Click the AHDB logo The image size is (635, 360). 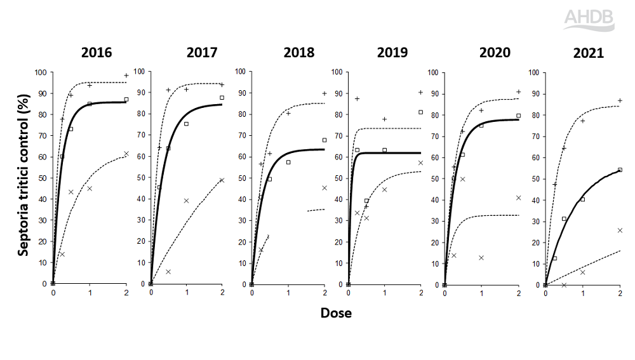pos(589,20)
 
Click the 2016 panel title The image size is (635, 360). pos(97,52)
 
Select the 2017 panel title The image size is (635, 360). pos(202,52)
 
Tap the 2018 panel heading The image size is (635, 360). pos(298,52)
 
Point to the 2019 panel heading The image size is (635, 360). pos(392,52)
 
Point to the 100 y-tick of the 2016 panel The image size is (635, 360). pos(42,72)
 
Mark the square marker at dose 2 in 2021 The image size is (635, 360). pos(620,170)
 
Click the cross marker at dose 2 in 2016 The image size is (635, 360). pos(126,154)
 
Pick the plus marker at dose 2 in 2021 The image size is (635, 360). pos(620,100)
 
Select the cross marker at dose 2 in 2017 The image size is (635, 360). pos(222,180)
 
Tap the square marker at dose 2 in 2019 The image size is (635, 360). pos(420,112)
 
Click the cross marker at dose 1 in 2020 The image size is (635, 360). pos(481,258)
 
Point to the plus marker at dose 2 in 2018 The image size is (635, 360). pos(324,93)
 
